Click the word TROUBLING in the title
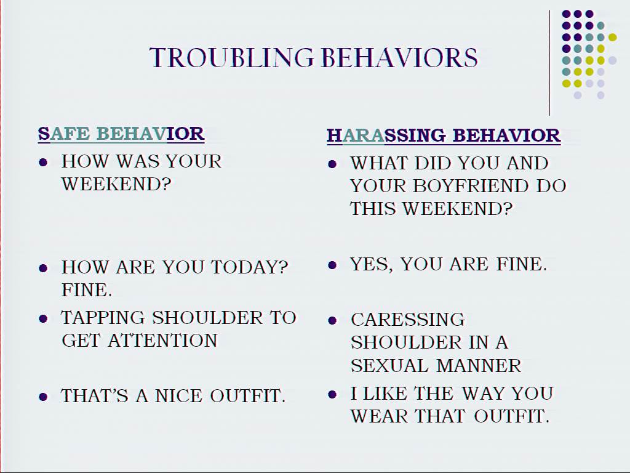click(231, 58)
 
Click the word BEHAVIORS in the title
click(400, 58)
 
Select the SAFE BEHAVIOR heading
click(121, 134)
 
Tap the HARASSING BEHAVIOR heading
click(444, 135)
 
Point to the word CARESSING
click(408, 320)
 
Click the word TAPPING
click(103, 318)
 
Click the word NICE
click(178, 396)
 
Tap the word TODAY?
click(250, 267)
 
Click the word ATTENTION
click(162, 341)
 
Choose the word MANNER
click(479, 366)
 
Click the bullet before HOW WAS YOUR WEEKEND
click(43, 163)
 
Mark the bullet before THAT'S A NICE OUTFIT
click(43, 397)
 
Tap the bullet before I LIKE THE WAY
click(332, 394)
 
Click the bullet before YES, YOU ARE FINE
click(332, 265)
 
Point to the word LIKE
click(385, 394)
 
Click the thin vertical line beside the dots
click(549, 63)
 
